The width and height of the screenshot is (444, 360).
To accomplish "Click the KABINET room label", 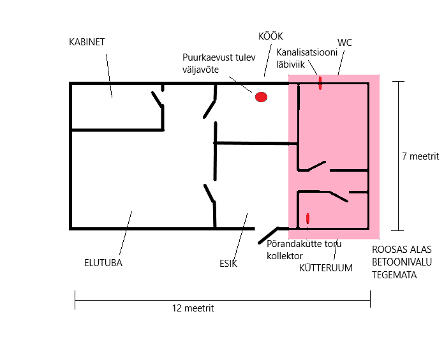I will point(87,42).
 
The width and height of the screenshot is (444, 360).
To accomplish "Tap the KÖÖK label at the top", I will point(270,36).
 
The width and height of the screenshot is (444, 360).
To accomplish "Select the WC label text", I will point(344,43).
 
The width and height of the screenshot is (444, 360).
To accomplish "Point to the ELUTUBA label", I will point(103,262).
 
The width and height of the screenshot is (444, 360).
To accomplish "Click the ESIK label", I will point(228,262).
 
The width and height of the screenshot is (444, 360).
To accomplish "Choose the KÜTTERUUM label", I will point(326,268).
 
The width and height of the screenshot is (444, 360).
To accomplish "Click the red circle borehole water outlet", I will point(261,97).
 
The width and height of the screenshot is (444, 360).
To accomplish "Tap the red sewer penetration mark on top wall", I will point(320,82).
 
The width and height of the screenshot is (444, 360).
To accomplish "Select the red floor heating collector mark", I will point(308,218).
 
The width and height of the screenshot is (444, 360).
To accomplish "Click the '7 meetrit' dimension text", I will point(421,156).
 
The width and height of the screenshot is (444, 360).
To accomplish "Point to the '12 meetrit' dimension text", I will point(192,308).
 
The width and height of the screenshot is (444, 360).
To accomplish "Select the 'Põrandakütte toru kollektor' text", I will point(304,250).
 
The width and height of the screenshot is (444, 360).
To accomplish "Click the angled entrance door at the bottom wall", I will point(269,236).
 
